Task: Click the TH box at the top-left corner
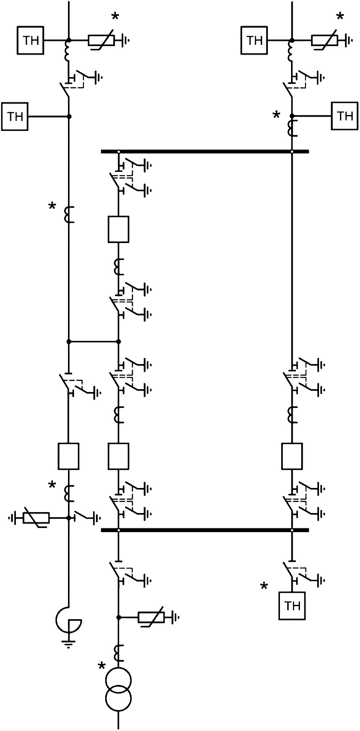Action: (x=31, y=41)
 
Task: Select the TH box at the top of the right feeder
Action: (x=254, y=41)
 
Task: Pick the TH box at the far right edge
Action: (x=345, y=116)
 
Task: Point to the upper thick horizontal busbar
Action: (x=205, y=152)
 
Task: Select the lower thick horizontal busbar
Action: (x=205, y=530)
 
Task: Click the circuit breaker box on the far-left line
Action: (x=68, y=456)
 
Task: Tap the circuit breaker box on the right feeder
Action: (x=292, y=456)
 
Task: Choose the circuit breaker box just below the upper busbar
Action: (x=118, y=229)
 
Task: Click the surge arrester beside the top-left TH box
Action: (x=101, y=41)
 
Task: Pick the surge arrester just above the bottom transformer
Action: (x=151, y=617)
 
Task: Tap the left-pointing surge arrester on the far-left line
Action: (x=36, y=518)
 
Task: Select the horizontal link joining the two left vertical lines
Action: (x=93, y=342)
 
